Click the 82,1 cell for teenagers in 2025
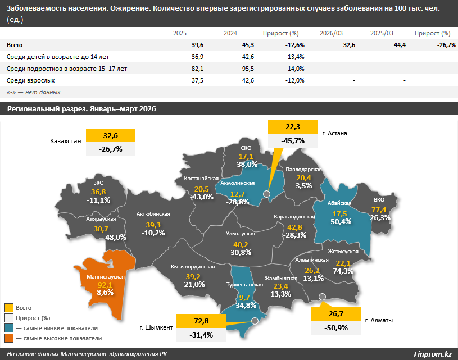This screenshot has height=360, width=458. [x=197, y=69]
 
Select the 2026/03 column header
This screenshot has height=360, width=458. [x=331, y=33]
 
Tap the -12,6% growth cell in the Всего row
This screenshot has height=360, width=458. [x=294, y=45]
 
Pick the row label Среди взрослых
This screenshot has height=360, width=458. [x=31, y=80]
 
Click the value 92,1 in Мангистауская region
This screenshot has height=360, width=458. [x=105, y=285]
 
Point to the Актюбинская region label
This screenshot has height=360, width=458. [x=153, y=214]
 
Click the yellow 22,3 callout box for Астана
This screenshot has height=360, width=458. [x=293, y=127]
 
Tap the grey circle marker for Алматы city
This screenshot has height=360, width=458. [x=322, y=297]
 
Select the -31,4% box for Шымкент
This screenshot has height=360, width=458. [x=201, y=335]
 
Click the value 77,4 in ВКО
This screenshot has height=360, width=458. [x=379, y=209]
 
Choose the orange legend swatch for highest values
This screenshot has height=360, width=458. [x=9, y=338]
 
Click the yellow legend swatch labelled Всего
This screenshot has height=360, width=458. [x=9, y=308]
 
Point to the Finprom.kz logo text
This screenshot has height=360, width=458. [x=433, y=354]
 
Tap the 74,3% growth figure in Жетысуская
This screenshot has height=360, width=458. [x=343, y=271]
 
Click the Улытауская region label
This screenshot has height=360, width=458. [x=241, y=234]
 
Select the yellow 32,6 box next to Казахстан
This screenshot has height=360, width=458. [x=110, y=135]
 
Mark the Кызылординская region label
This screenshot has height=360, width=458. [x=193, y=267]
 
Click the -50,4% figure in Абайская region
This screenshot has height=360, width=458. [x=339, y=222]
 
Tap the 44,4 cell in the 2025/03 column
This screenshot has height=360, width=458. [x=400, y=45]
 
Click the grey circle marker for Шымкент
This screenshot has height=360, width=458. [x=255, y=321]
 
